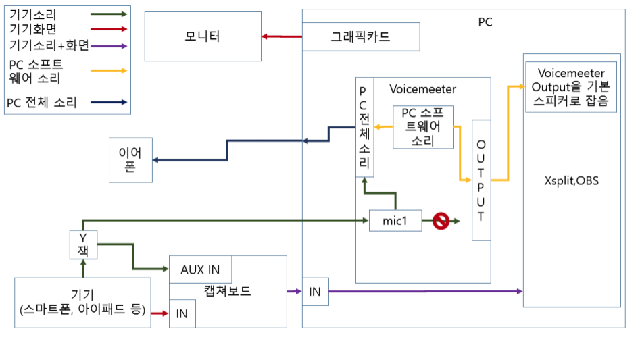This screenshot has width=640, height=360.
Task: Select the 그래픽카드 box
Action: [x=360, y=36]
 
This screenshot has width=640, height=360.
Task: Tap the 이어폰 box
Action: [x=131, y=160]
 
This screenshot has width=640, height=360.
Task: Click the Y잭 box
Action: [x=83, y=245]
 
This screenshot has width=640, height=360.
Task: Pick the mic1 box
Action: [x=395, y=221]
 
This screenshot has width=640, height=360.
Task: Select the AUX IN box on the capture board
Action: [x=200, y=269]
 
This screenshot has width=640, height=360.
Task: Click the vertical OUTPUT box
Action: [x=481, y=180]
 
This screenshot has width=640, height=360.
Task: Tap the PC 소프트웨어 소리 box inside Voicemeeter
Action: [x=423, y=127]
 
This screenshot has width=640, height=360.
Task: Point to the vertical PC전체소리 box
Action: [x=365, y=127]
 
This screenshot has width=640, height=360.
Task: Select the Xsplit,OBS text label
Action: [x=571, y=181]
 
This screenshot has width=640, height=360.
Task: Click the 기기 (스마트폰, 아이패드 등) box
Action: [x=82, y=303]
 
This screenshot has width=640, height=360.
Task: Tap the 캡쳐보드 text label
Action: [x=227, y=291]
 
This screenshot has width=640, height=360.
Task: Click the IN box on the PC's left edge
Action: [x=315, y=292]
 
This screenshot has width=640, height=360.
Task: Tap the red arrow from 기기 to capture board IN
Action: [x=159, y=313]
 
